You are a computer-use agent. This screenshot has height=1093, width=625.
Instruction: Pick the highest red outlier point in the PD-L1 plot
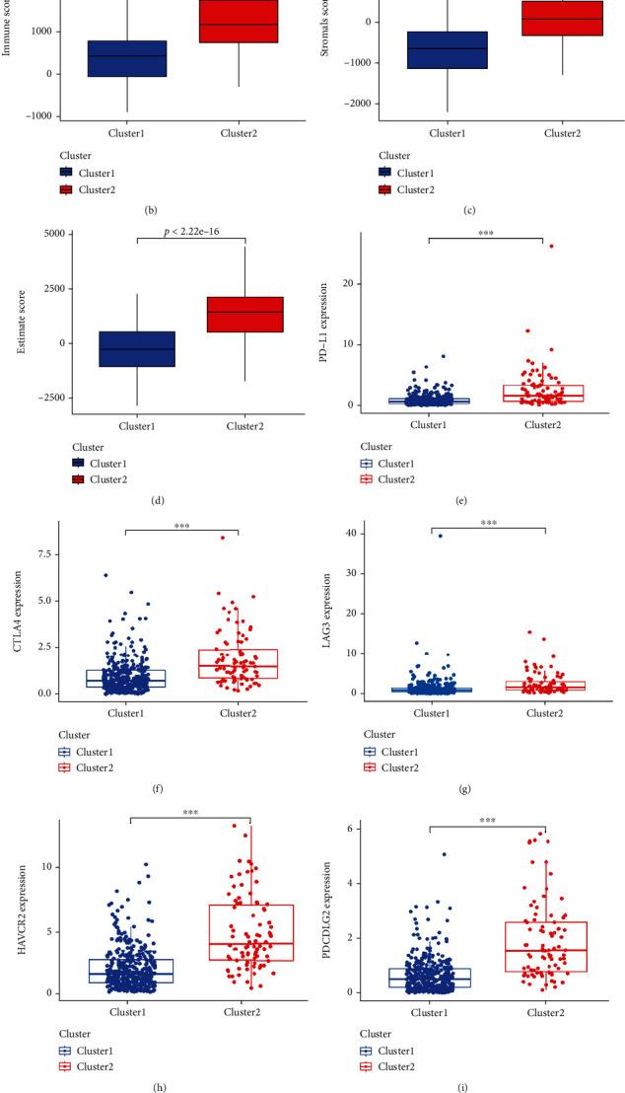(x=551, y=246)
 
